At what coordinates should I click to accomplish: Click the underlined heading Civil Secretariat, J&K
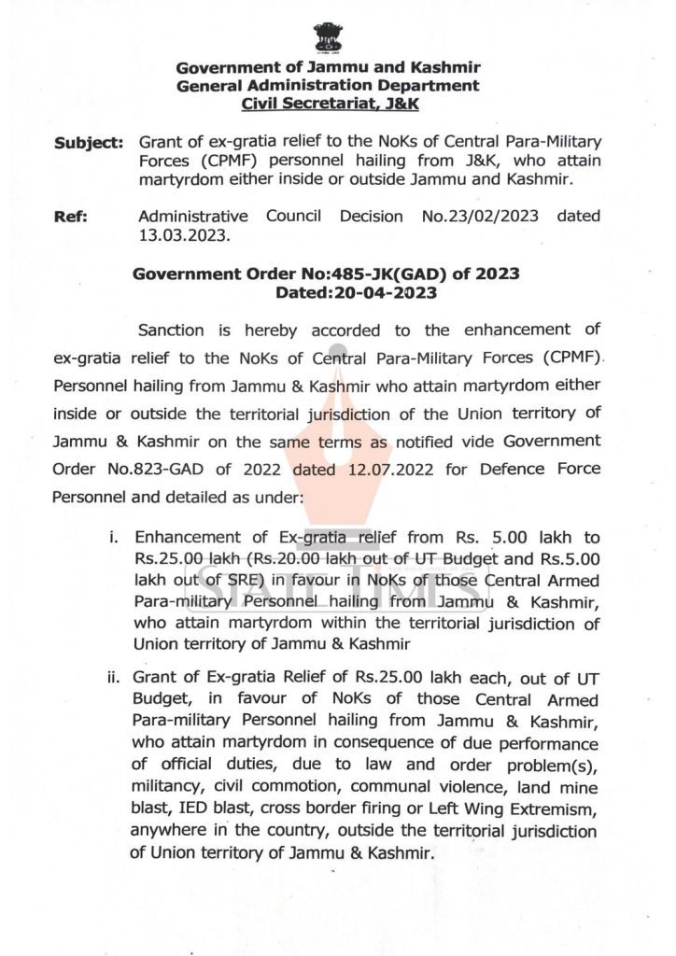[330, 105]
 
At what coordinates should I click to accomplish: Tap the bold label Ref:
[71, 217]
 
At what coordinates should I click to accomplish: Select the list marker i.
[115, 538]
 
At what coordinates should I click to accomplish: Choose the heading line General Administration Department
[329, 86]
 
